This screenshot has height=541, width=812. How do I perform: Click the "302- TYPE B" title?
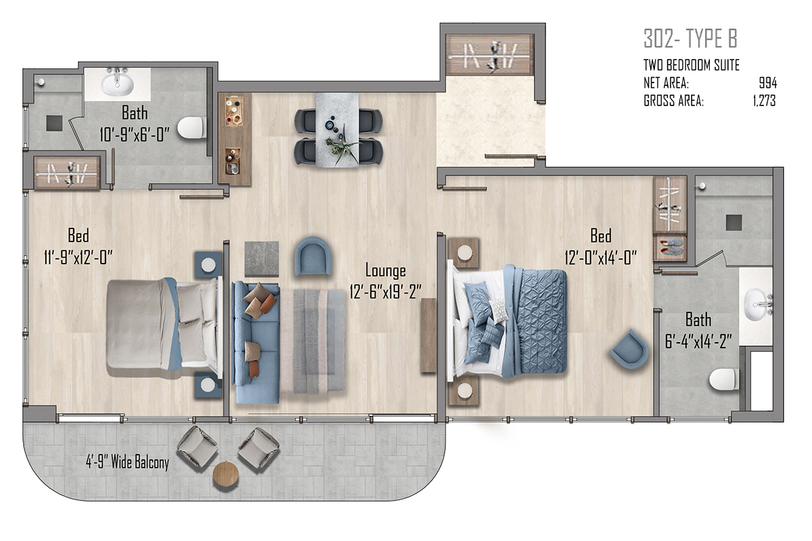tap(690, 39)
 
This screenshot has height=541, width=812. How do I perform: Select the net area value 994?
tap(768, 83)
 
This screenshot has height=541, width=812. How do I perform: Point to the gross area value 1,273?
tap(764, 101)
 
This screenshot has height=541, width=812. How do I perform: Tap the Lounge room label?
tap(385, 270)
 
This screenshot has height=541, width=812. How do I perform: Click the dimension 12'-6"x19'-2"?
tap(385, 291)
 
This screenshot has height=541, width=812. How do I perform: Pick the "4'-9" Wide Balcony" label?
tap(127, 462)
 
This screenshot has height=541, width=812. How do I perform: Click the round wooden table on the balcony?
tap(226, 475)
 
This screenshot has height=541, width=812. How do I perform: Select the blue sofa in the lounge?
tap(256, 342)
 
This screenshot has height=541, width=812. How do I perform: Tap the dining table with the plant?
tap(337, 130)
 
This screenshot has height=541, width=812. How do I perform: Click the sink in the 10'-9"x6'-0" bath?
tap(118, 83)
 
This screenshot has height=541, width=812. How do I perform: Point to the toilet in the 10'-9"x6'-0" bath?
tap(191, 127)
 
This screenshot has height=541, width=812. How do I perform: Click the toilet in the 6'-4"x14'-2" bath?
tap(724, 379)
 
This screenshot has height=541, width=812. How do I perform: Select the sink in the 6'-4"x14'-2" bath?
tap(758, 304)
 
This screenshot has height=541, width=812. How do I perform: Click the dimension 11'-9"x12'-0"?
tap(78, 258)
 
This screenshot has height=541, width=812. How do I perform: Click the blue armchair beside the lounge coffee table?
tap(313, 256)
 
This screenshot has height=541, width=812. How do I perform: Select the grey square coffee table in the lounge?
tap(262, 259)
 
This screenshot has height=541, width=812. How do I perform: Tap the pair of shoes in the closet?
tap(670, 247)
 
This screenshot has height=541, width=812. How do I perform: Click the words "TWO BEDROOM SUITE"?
tap(692, 65)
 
